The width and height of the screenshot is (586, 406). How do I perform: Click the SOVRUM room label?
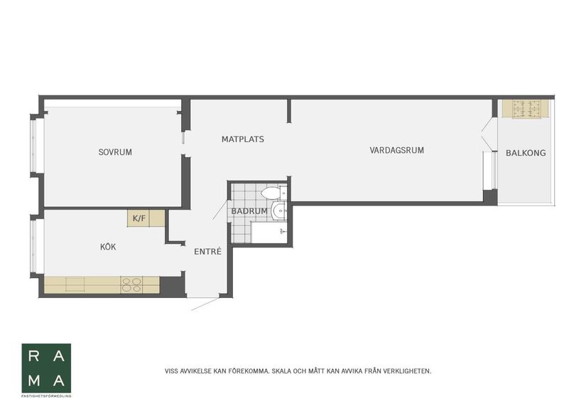coord(115,152)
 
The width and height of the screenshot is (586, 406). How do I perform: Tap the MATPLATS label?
coord(242,139)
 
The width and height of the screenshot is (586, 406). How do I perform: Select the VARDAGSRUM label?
coord(396,150)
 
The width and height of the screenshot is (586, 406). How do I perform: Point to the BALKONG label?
coord(526,153)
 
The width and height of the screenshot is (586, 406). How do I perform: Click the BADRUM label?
coord(249,211)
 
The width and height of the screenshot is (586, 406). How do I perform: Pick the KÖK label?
coord(108,247)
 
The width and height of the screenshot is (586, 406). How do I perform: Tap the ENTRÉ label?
coord(208,251)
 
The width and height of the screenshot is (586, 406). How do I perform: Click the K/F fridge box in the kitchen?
coord(139,218)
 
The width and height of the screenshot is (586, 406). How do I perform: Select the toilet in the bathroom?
coord(271,193)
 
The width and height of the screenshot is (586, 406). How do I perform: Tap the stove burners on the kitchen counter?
coord(131,284)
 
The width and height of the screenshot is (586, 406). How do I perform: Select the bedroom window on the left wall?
coord(34,145)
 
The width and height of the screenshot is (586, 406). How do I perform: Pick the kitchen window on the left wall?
coord(34,246)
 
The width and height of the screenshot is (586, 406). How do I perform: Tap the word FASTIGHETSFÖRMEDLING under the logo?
coord(46,395)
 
